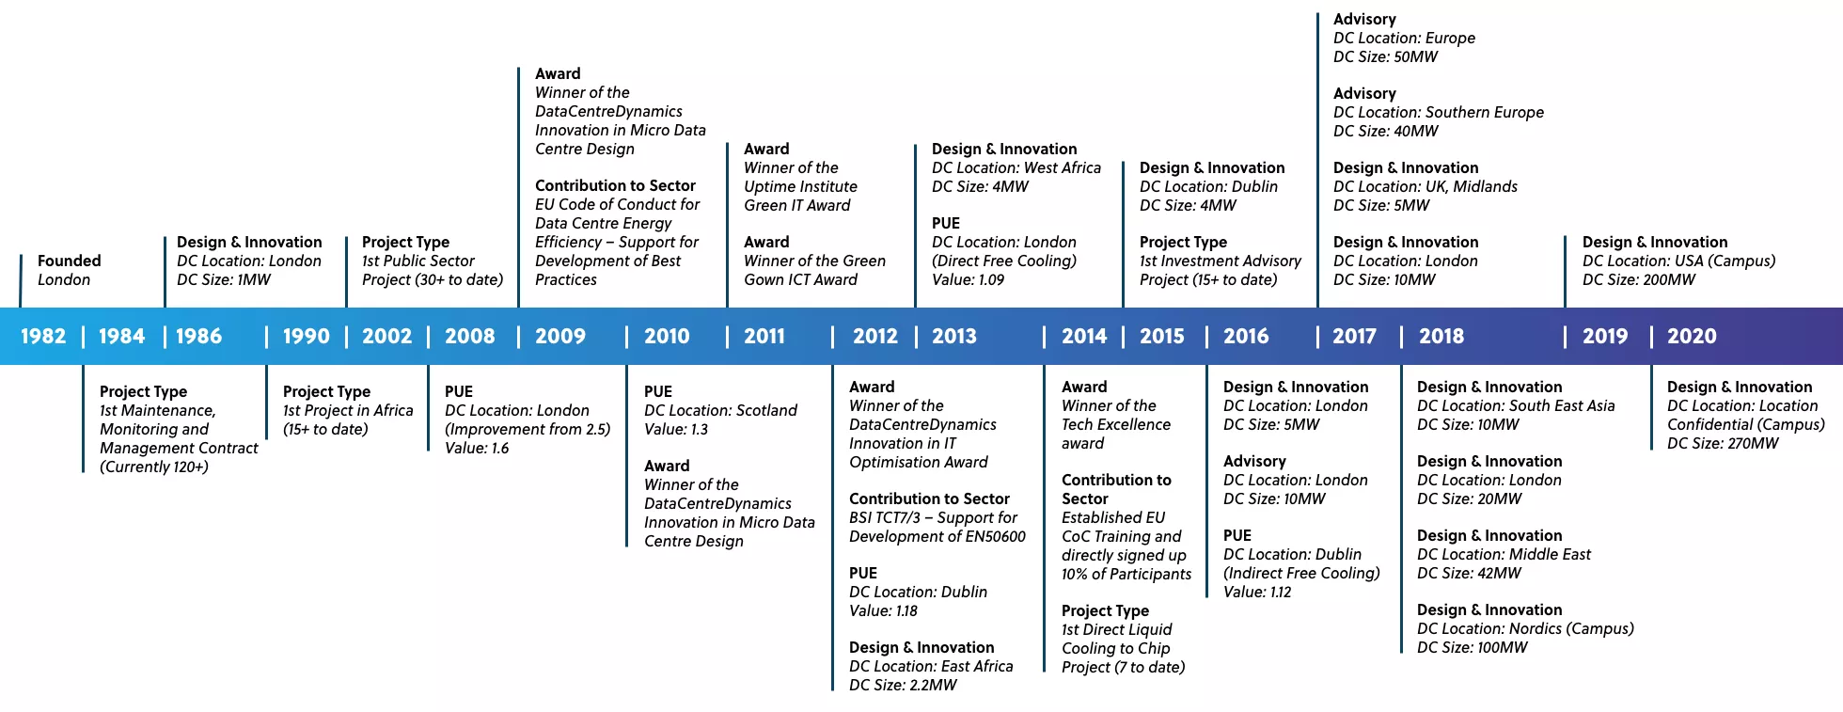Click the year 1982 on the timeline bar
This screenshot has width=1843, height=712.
[x=43, y=337]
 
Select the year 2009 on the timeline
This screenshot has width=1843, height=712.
[x=560, y=337]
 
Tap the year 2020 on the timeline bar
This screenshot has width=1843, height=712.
[x=1692, y=337]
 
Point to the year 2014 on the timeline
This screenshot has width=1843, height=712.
[x=1084, y=337]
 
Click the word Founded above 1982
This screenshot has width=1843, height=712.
[x=69, y=261]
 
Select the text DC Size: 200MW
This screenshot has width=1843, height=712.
[x=1639, y=279]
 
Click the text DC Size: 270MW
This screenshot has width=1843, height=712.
[x=1723, y=443]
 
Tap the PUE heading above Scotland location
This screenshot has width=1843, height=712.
[x=658, y=391]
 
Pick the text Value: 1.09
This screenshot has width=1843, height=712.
[x=968, y=279]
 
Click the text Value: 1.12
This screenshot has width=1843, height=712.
[x=1257, y=592]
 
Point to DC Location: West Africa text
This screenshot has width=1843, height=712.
[x=1016, y=167]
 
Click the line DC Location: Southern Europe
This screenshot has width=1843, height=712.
[x=1439, y=112]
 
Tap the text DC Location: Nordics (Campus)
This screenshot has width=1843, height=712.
[x=1525, y=628]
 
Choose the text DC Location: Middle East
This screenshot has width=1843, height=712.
[x=1504, y=554]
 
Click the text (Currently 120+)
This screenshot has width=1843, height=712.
[x=154, y=467]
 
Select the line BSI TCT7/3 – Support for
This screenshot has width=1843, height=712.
[x=933, y=517]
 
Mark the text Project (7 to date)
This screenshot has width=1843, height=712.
[x=1123, y=667]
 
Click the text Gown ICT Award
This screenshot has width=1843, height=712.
[x=800, y=279]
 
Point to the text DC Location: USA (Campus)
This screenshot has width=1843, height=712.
[x=1678, y=261]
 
